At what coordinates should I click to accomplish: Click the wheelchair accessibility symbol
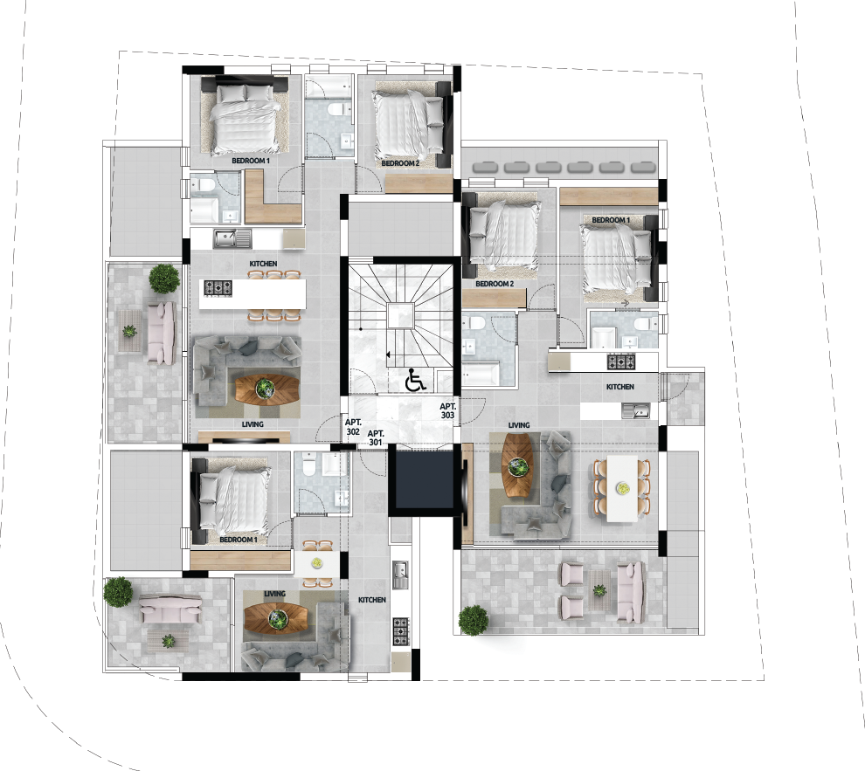[x=415, y=381]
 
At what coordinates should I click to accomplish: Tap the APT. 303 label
[x=447, y=411]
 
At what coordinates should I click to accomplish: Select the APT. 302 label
[x=353, y=427]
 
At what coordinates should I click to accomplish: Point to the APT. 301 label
[x=376, y=438]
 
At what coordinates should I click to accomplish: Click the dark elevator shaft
[x=421, y=479]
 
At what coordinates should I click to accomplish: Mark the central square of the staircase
[x=400, y=316]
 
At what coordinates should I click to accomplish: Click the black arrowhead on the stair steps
[x=388, y=355]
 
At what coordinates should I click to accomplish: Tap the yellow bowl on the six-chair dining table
[x=623, y=488]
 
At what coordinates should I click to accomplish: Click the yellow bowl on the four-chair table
[x=316, y=562]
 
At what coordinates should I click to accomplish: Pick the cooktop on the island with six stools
[x=218, y=288]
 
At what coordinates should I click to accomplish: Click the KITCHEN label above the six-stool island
[x=263, y=264]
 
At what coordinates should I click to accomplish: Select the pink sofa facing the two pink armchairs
[x=630, y=594]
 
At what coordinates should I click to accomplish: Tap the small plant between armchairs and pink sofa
[x=599, y=591]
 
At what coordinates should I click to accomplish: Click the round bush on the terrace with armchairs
[x=474, y=620]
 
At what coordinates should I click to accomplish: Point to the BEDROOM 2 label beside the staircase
[x=495, y=284]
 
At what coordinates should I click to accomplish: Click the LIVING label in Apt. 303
[x=518, y=425]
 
